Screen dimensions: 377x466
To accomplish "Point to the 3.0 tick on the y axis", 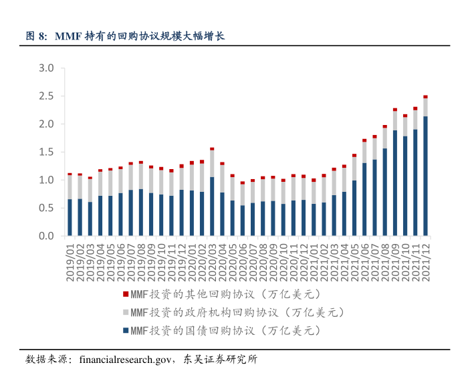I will [x=46, y=68].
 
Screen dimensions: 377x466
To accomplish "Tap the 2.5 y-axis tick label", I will [x=46, y=96].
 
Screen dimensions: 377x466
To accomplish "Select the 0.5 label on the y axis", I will [x=46, y=208].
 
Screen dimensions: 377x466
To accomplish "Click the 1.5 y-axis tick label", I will [x=46, y=152].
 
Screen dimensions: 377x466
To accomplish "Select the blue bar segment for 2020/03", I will [x=212, y=207].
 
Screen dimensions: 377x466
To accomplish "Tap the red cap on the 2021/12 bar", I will [x=425, y=97].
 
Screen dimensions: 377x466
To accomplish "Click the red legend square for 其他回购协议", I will [x=126, y=294].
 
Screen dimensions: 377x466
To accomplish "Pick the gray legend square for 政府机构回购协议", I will [x=126, y=312].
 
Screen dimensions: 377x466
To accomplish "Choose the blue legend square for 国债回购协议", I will [x=126, y=330].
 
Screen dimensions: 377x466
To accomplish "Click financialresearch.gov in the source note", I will [x=125, y=359].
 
